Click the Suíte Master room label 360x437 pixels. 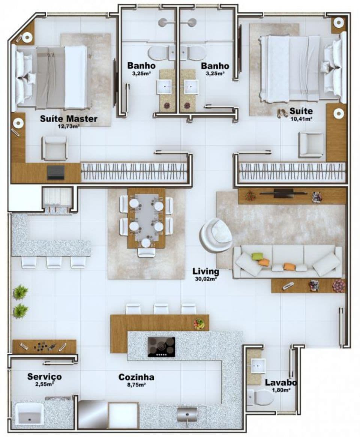click(69, 119)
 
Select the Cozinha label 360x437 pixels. click(136, 377)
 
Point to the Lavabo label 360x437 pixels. click(280, 383)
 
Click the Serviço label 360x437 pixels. click(45, 377)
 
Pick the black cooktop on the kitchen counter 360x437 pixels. click(161, 347)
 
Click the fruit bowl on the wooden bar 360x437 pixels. click(199, 324)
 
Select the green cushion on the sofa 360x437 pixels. click(258, 256)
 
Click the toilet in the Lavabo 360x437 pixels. click(260, 397)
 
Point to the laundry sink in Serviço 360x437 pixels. click(29, 413)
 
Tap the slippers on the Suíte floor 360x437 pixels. click(282, 113)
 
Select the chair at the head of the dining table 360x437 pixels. click(146, 252)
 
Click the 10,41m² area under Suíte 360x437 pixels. click(301, 119)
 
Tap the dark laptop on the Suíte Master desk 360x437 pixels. click(56, 173)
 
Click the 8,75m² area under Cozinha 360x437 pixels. click(136, 385)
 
